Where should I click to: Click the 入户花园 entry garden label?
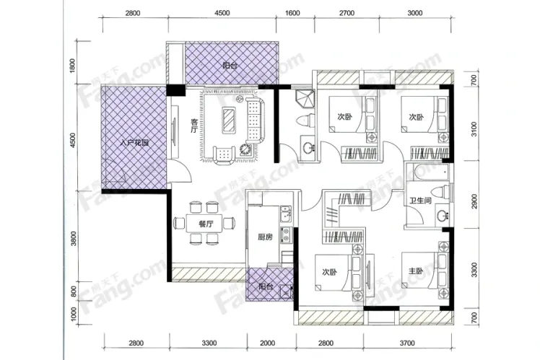coord(134,143)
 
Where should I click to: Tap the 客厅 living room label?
coord(195,126)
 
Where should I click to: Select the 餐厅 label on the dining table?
coord(206,224)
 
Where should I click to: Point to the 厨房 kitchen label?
coord(265,237)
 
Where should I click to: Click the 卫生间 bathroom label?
coord(420,201)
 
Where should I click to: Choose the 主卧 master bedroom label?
coord(416,271)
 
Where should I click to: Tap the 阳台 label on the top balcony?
coord(230,65)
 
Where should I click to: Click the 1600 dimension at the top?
coord(292,13)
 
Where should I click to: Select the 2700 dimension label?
coord(347,13)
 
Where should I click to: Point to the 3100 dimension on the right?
coord(474,129)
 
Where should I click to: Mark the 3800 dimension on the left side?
coord(73,239)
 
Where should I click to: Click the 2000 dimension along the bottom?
coord(268,343)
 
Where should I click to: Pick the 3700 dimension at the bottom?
coord(407,343)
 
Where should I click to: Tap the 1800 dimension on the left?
coord(72,66)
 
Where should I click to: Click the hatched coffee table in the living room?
coord(229,120)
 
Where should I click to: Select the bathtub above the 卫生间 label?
coord(428,172)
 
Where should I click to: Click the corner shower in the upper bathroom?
coord(305,99)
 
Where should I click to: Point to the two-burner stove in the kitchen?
coord(286,234)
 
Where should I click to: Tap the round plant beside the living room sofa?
coord(246,149)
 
